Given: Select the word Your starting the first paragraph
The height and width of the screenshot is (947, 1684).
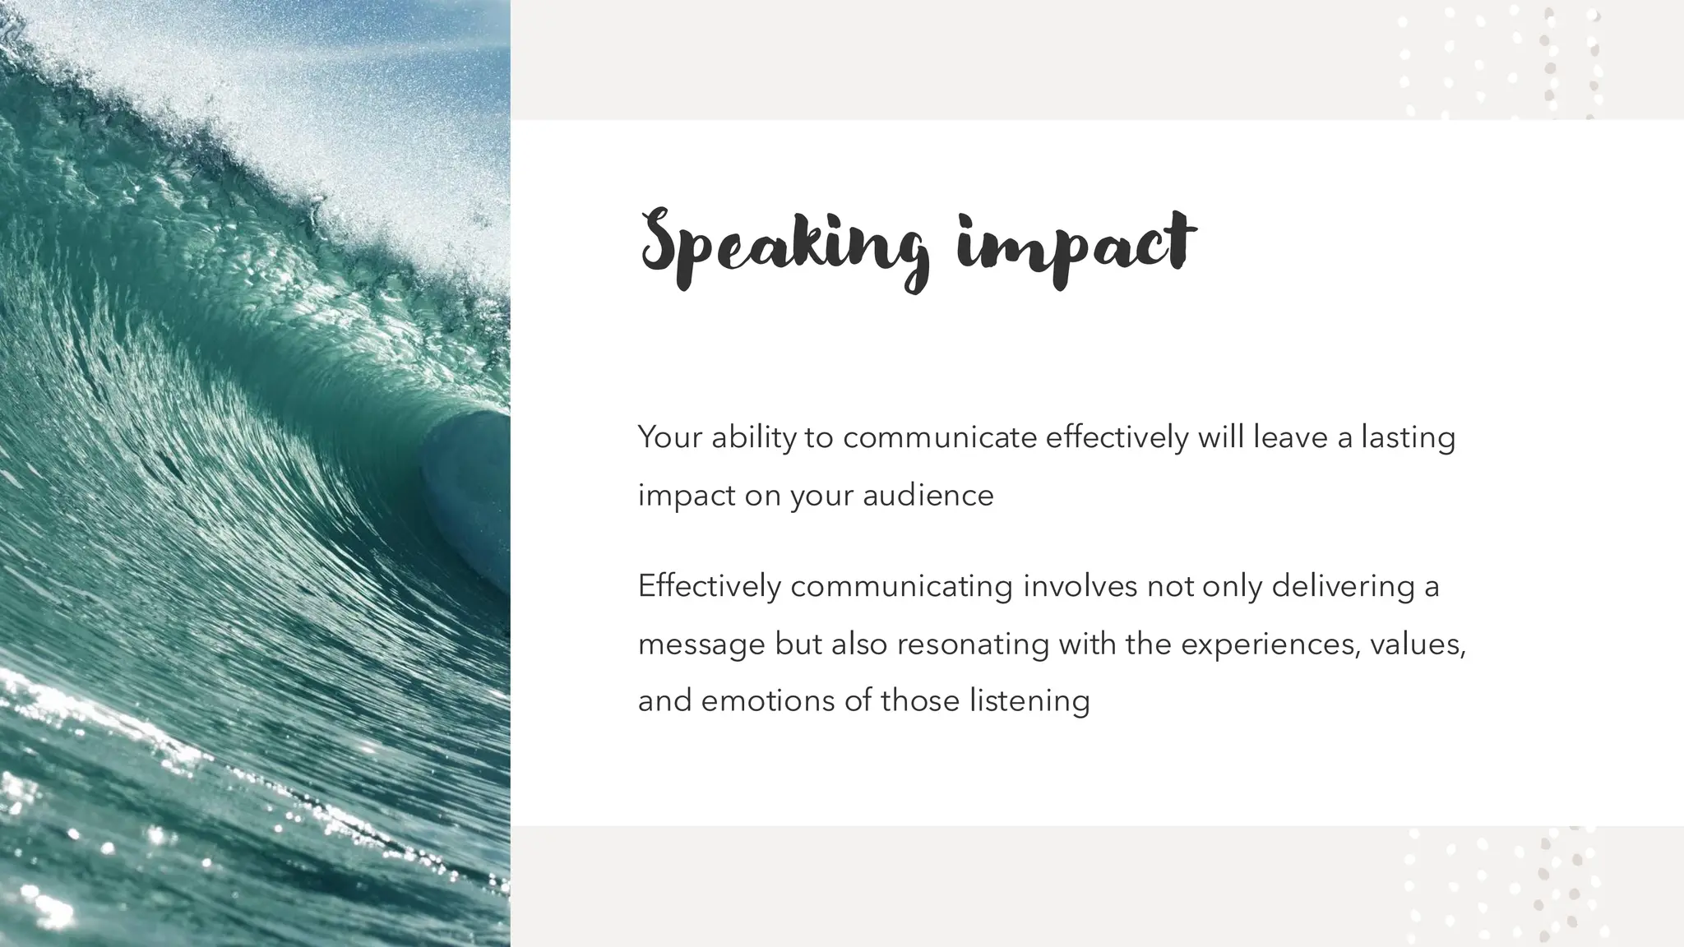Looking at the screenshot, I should point(669,437).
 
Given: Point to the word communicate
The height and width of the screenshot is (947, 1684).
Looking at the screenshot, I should point(940,437).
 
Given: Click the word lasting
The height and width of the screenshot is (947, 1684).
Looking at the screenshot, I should point(1408,437).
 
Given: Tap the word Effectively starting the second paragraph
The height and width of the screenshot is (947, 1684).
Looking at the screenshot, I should point(710,586).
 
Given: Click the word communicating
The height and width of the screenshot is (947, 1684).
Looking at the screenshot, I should point(901,586).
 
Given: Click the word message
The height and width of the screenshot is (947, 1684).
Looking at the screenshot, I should point(701,644).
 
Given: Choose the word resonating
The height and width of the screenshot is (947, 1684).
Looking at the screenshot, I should point(973,644).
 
